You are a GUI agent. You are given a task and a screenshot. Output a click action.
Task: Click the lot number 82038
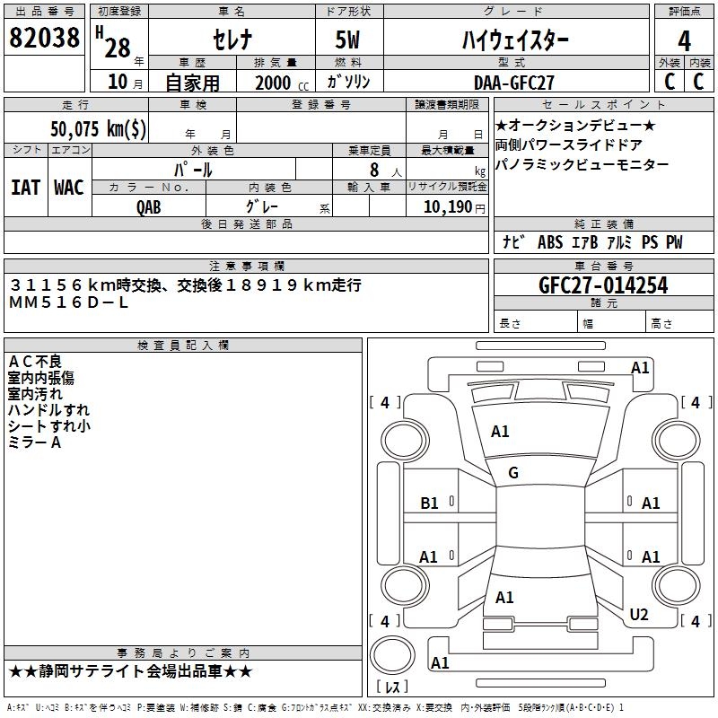click(44, 38)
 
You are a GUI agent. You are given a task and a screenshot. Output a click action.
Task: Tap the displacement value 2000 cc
click(273, 83)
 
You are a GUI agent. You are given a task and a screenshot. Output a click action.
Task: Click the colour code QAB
click(149, 207)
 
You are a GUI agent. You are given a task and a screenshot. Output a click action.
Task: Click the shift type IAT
click(25, 188)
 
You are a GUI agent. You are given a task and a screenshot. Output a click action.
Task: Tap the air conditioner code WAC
click(68, 188)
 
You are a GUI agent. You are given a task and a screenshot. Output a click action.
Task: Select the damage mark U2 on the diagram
click(638, 614)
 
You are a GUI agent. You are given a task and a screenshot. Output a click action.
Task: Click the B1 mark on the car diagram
click(430, 503)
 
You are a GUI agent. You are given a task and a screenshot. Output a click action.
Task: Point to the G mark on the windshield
click(513, 473)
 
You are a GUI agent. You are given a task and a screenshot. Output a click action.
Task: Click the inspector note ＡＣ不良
click(35, 361)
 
